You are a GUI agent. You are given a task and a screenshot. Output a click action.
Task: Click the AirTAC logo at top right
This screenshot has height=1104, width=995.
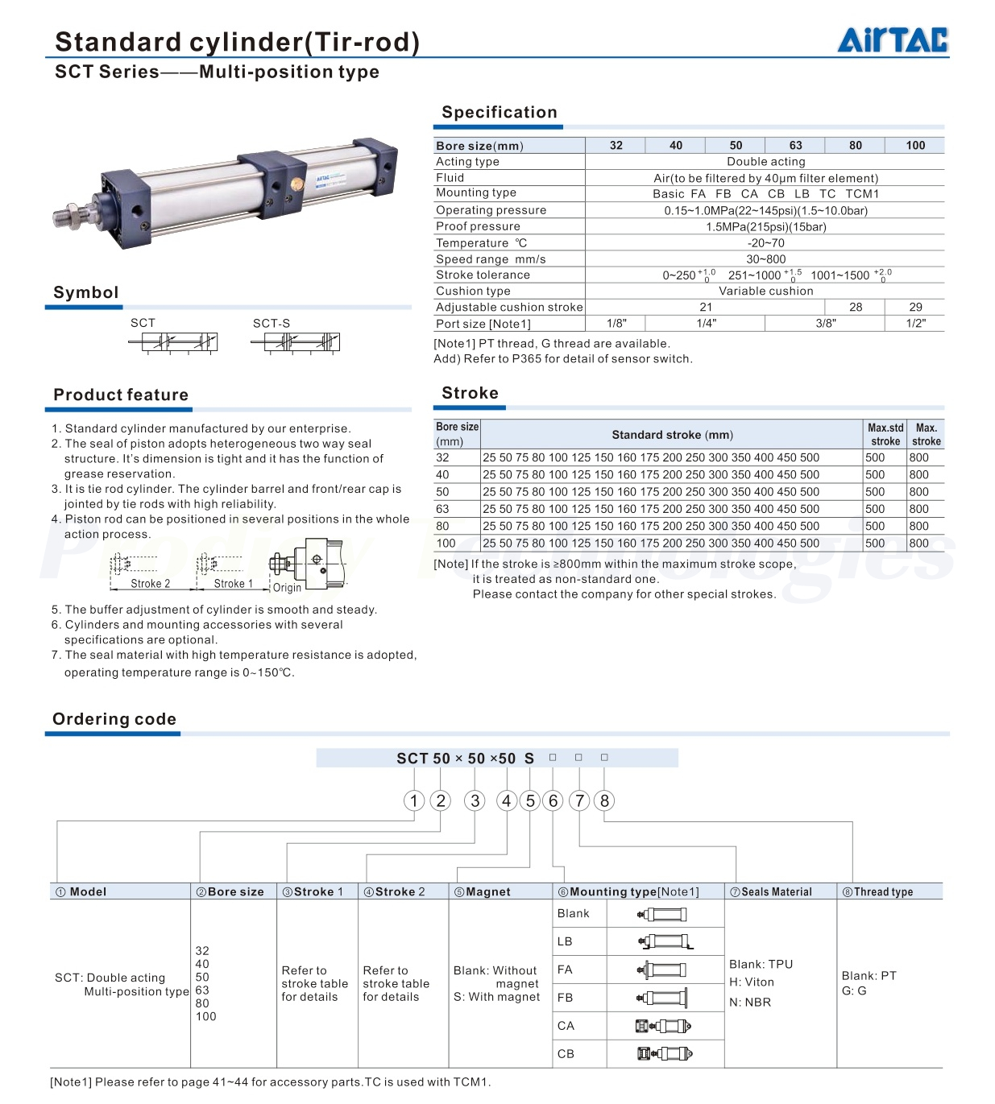pos(893,39)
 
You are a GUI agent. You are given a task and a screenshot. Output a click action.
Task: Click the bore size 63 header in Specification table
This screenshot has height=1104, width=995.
pos(795,146)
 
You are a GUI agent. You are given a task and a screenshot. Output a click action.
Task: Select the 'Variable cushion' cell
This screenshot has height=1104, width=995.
pos(765,292)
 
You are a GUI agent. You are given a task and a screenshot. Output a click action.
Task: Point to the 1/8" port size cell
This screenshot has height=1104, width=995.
pos(616,324)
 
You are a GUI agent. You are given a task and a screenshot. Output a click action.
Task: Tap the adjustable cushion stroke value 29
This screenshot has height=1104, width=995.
pos(915,308)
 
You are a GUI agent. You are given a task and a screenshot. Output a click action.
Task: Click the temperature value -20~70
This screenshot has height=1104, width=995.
pos(765,243)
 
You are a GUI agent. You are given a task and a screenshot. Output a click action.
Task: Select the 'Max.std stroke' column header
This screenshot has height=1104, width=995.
pos(885,435)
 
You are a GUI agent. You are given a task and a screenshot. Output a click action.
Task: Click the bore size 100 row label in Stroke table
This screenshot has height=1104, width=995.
pos(446,544)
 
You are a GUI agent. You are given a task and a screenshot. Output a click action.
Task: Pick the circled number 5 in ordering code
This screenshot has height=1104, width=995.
pos(530,801)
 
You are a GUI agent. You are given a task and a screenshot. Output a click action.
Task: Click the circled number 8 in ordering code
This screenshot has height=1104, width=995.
pos(604,801)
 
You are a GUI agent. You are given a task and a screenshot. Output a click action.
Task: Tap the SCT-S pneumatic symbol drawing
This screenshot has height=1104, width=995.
pos(296,342)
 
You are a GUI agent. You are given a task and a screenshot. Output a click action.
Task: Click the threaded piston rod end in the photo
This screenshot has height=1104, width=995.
pos(65,215)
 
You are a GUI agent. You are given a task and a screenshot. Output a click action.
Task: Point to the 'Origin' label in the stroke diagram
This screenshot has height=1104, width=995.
pos(287,588)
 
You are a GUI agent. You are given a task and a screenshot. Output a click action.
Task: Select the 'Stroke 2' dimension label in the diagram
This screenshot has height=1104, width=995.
pos(151,584)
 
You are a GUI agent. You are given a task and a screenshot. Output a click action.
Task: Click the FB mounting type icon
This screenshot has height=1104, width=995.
pos(663,998)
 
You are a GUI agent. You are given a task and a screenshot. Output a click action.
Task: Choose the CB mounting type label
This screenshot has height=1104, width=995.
pos(566,1054)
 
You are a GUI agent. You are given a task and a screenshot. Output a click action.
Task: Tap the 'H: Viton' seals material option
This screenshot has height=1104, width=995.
pos(752,982)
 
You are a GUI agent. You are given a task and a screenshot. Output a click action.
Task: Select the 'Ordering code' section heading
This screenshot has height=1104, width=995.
pos(114,720)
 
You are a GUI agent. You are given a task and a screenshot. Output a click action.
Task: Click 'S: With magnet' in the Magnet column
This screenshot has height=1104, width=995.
pos(496,997)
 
